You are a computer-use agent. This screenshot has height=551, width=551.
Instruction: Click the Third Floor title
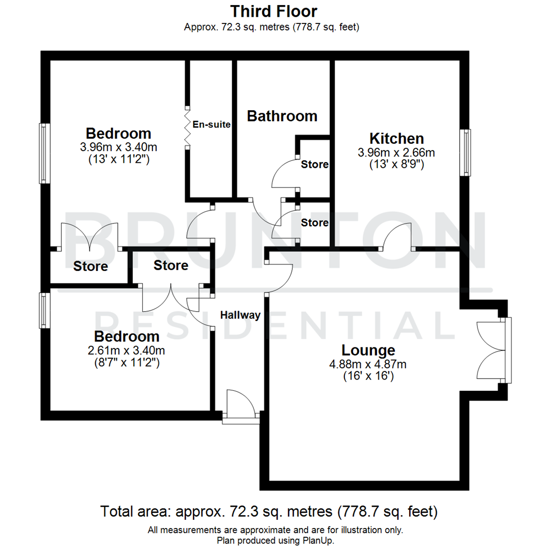click(x=274, y=11)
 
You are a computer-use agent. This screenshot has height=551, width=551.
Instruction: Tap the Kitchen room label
click(x=396, y=138)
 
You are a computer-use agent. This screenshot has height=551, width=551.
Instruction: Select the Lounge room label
click(x=368, y=350)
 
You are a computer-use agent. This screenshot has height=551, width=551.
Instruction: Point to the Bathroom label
click(x=282, y=116)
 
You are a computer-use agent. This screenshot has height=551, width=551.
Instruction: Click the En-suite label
click(x=211, y=124)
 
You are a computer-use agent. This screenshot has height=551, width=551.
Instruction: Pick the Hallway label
click(x=240, y=315)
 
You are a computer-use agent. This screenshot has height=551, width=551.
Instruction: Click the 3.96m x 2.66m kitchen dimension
click(x=396, y=152)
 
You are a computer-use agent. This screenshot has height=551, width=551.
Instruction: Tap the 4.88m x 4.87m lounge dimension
click(x=368, y=364)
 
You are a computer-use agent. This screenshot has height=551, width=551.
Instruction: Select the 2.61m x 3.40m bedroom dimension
click(x=127, y=350)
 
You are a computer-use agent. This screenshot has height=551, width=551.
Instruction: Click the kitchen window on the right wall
click(x=466, y=153)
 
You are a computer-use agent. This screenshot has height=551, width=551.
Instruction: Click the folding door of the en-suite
click(x=187, y=127)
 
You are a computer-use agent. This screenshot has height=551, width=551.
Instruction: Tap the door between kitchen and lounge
click(x=397, y=240)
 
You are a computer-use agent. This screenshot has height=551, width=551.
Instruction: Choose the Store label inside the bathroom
click(x=314, y=165)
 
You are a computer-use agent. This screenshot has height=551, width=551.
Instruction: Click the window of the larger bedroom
click(x=45, y=153)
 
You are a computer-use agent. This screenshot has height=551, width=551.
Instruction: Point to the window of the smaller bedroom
click(x=45, y=310)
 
